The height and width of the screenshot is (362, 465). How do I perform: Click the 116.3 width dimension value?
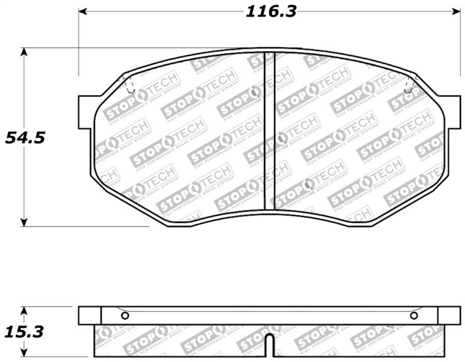270,11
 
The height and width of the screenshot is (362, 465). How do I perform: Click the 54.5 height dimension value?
25,138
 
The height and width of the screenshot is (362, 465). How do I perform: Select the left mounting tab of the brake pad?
85,112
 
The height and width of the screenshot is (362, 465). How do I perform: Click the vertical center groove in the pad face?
269,131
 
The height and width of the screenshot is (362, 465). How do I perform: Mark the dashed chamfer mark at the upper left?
129,85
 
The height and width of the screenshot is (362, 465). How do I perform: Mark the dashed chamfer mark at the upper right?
410,85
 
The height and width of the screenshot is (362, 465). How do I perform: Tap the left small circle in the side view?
124,316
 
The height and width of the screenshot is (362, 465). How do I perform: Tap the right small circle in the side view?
414,316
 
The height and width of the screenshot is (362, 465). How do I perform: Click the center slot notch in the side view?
269,345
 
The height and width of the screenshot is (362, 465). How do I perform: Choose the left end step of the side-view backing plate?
90,316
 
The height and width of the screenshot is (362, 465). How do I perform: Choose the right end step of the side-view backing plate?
449,316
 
